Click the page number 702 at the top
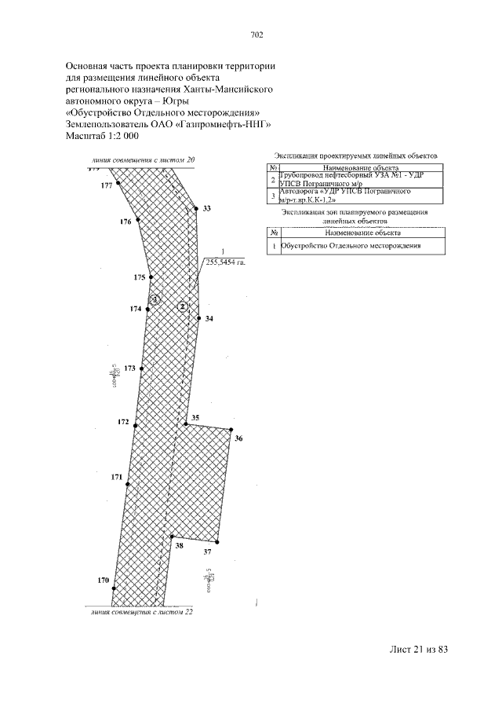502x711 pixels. coord(256,35)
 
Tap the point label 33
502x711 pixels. coord(207,209)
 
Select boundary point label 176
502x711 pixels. coord(125,222)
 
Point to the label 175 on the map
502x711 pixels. coord(140,277)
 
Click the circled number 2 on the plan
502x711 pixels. coord(183,306)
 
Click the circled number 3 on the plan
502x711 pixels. coord(155,299)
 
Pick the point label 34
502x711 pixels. coord(209,319)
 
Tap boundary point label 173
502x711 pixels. coord(130,368)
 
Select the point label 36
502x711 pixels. coord(238,438)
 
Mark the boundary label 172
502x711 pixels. coord(123,422)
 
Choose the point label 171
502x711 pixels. coord(117,477)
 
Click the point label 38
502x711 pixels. coord(179,544)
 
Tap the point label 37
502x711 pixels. coord(208,552)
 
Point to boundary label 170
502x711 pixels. coord(103,580)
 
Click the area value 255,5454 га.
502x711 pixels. coord(226,263)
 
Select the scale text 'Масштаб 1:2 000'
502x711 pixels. coord(102,136)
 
